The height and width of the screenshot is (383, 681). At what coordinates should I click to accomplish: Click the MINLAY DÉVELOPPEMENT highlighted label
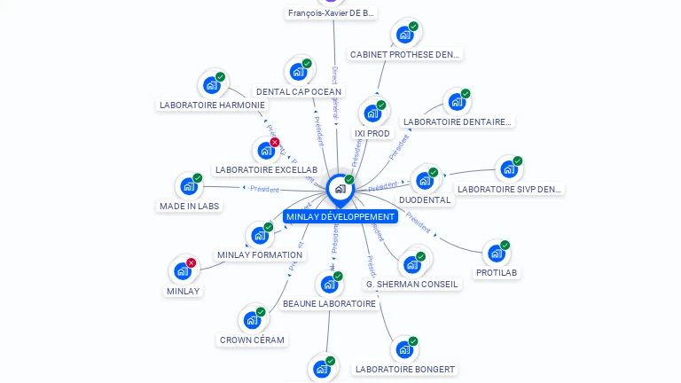(340, 216)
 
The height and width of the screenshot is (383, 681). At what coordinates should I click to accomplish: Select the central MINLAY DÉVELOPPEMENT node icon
(340, 188)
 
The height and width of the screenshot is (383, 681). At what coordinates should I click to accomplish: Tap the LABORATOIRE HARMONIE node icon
(211, 84)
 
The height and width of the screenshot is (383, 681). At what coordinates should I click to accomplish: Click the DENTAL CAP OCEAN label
(298, 91)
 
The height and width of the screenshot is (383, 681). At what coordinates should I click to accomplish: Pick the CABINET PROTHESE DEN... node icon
(405, 35)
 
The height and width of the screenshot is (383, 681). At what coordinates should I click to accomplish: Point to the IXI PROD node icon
(372, 113)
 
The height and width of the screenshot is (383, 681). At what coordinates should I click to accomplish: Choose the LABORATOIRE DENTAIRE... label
(457, 121)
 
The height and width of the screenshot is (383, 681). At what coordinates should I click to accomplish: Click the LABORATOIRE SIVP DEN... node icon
(509, 168)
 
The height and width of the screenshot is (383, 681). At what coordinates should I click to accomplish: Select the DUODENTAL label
(425, 199)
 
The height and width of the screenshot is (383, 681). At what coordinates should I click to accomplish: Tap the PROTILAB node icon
(497, 253)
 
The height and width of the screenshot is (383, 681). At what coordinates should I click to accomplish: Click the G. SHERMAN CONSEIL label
(412, 284)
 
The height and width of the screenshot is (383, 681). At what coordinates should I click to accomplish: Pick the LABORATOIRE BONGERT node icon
(404, 349)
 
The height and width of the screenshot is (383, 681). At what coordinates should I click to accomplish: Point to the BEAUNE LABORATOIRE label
(329, 303)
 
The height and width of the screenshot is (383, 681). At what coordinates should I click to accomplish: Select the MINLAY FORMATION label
(260, 254)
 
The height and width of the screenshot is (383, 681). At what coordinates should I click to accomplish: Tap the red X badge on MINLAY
(191, 262)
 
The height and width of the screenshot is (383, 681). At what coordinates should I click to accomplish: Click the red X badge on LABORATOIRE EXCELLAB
(274, 142)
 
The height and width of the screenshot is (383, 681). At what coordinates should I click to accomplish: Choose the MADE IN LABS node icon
(189, 186)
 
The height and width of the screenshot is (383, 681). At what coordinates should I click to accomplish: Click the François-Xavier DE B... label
(333, 12)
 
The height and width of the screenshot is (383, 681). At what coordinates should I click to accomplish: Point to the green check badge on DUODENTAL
(434, 172)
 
